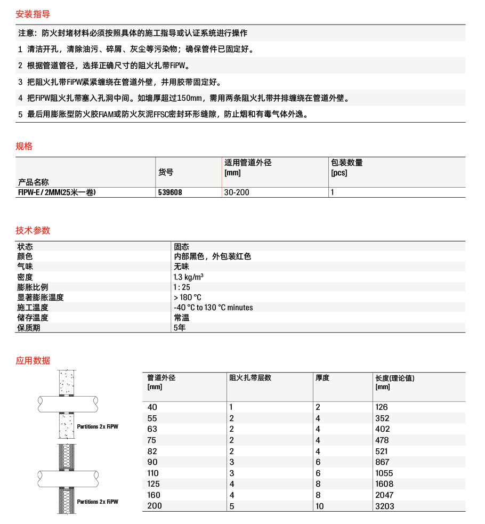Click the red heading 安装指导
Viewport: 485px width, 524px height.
click(33, 14)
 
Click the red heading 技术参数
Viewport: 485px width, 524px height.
click(33, 230)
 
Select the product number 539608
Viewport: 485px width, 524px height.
click(170, 192)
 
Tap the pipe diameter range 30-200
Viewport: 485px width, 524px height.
click(237, 192)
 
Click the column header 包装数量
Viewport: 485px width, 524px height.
click(346, 163)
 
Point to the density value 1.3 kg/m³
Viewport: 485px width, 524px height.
click(188, 277)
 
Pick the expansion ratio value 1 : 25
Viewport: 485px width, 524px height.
click(182, 287)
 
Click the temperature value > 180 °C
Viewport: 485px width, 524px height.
click(187, 297)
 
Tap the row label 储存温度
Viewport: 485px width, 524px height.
click(33, 318)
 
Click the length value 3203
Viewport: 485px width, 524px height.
click(385, 506)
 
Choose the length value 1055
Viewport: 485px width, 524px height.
click(384, 473)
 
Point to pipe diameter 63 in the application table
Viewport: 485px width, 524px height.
click(153, 429)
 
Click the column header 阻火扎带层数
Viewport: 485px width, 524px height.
click(250, 378)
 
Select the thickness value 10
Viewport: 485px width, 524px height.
click(320, 506)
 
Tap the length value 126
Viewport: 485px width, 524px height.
click(382, 407)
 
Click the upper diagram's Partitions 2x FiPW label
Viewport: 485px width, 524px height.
click(98, 426)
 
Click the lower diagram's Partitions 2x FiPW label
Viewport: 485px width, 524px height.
click(98, 502)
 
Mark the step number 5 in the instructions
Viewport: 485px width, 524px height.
click(20, 114)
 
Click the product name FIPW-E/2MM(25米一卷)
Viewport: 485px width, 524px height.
click(57, 192)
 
